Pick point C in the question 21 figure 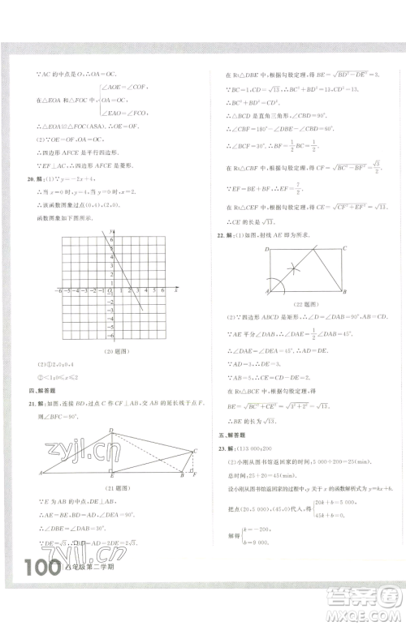tap(196, 451)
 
